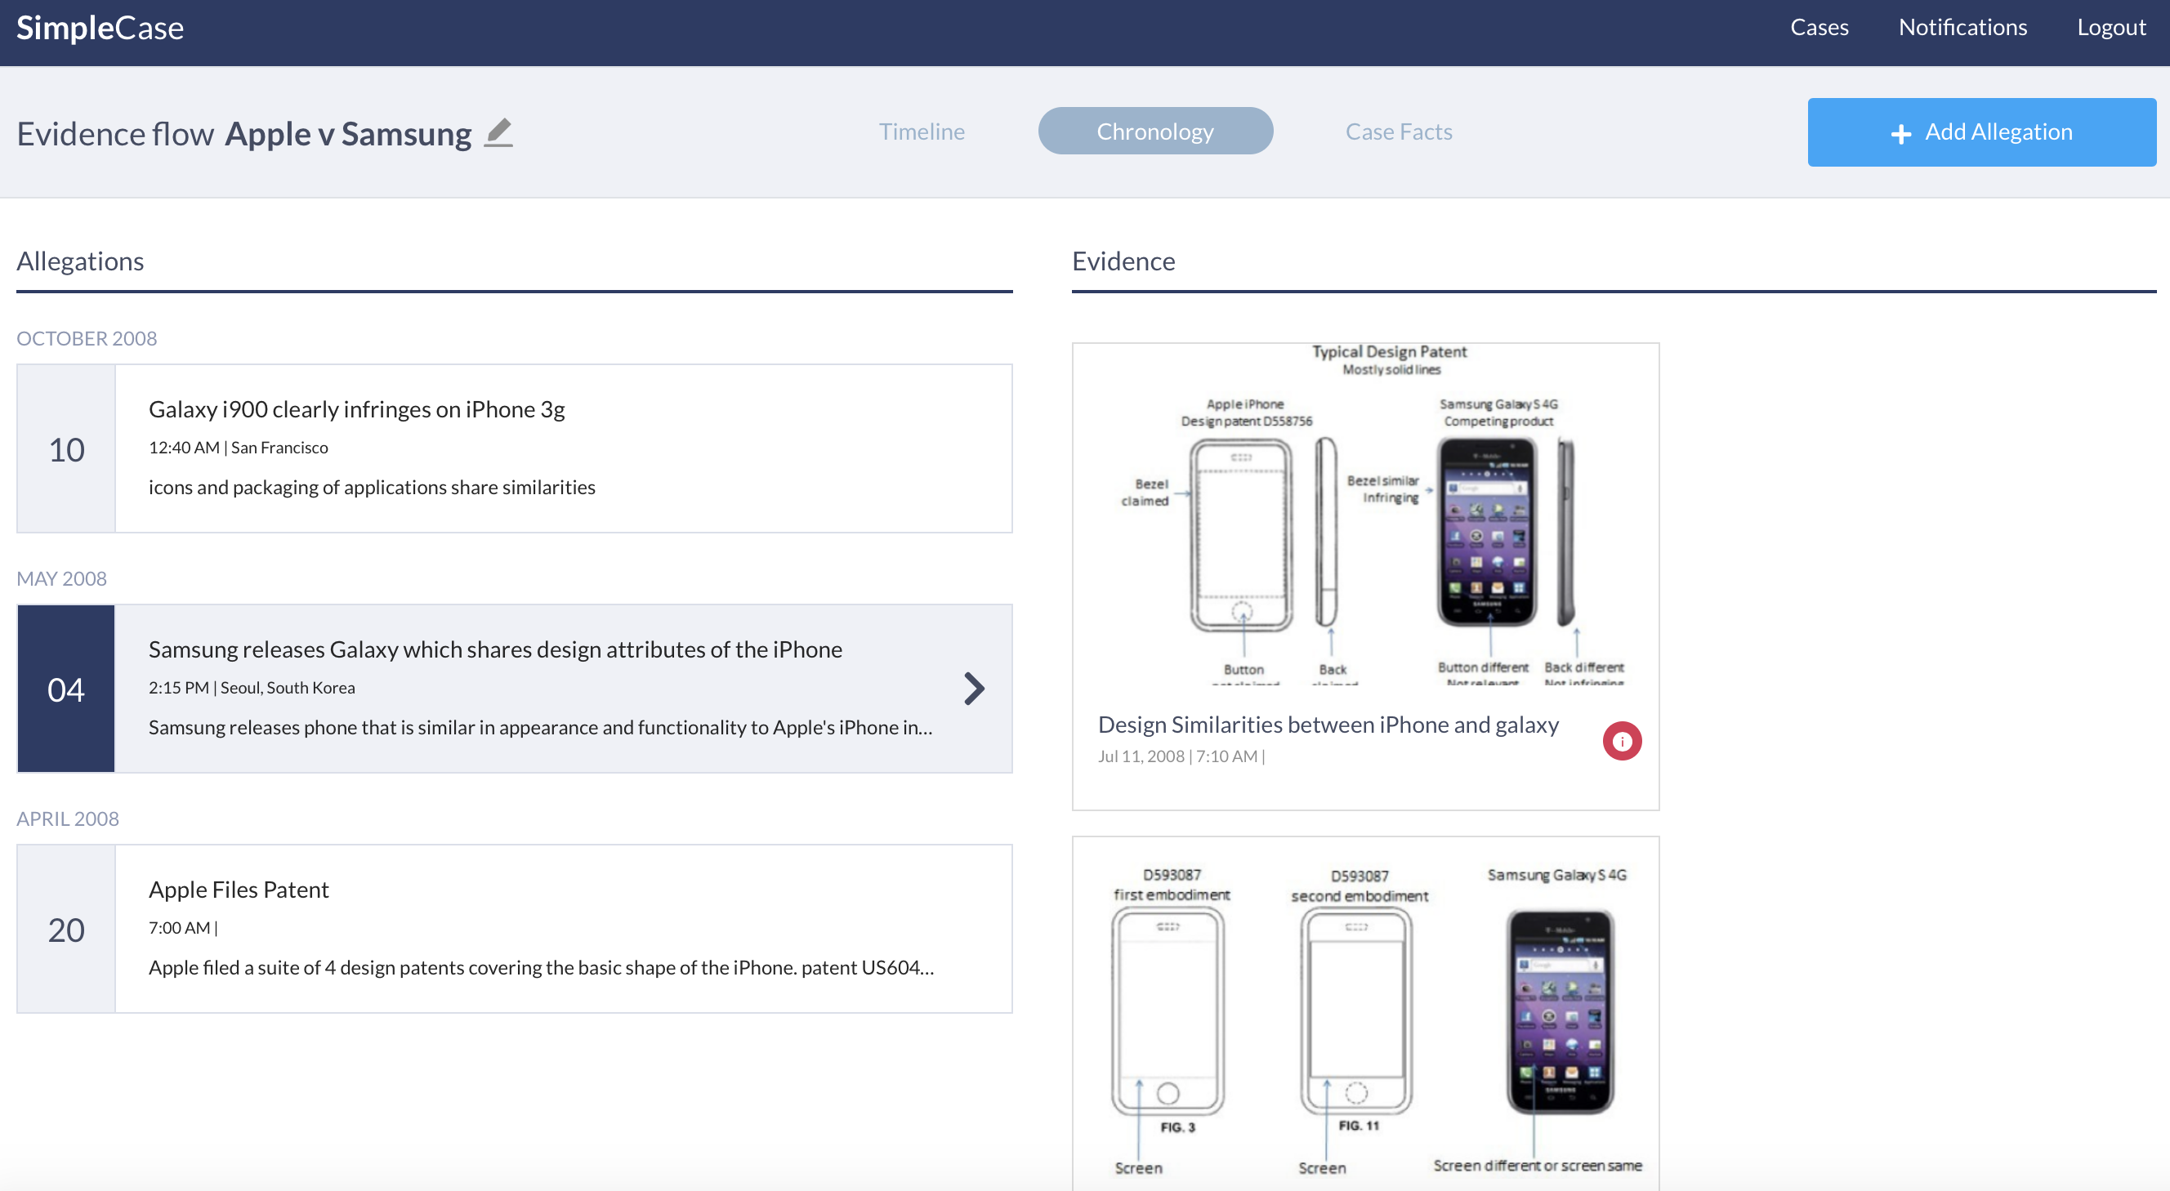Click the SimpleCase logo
point(100,29)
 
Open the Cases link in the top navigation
point(1819,28)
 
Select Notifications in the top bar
point(1962,28)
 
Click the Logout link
point(2110,28)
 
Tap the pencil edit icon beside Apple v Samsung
point(498,133)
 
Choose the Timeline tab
point(922,132)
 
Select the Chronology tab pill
point(1155,132)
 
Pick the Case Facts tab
point(1399,132)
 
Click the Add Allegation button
point(1981,132)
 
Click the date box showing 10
point(66,449)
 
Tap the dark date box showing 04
point(66,689)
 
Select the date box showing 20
point(66,929)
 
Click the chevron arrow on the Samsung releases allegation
point(974,689)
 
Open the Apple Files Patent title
point(239,890)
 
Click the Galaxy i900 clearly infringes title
point(356,409)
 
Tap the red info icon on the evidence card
point(1622,741)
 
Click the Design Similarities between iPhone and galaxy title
point(1328,725)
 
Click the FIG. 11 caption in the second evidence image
point(1358,1126)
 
